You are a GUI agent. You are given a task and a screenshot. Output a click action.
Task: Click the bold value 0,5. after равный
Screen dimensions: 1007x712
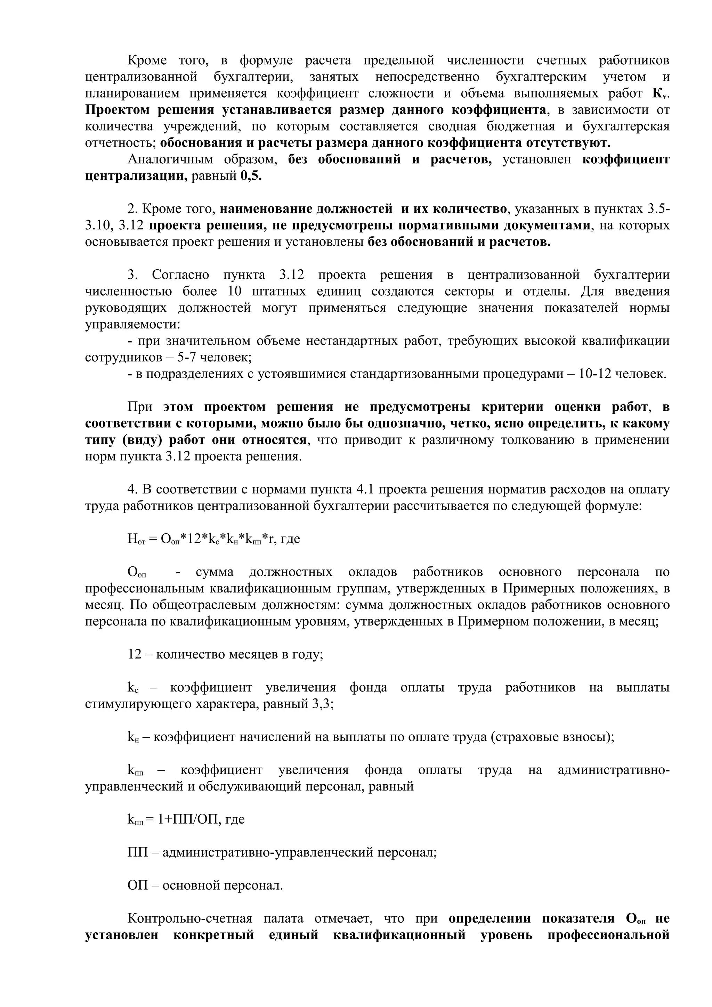tap(251, 176)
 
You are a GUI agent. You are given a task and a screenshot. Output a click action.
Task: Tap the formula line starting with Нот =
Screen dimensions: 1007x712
tap(214, 539)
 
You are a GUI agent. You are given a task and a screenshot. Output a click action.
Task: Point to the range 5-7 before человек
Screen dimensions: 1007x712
tap(188, 358)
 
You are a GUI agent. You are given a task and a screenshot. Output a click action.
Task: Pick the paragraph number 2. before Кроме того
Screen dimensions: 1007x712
tap(132, 209)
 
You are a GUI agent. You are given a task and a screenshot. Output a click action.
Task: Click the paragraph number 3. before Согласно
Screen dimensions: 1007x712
tap(132, 275)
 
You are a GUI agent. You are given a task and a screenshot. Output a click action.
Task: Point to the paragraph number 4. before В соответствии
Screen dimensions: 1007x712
tap(132, 490)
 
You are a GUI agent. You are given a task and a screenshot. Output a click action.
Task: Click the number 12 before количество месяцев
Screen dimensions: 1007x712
tap(135, 654)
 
